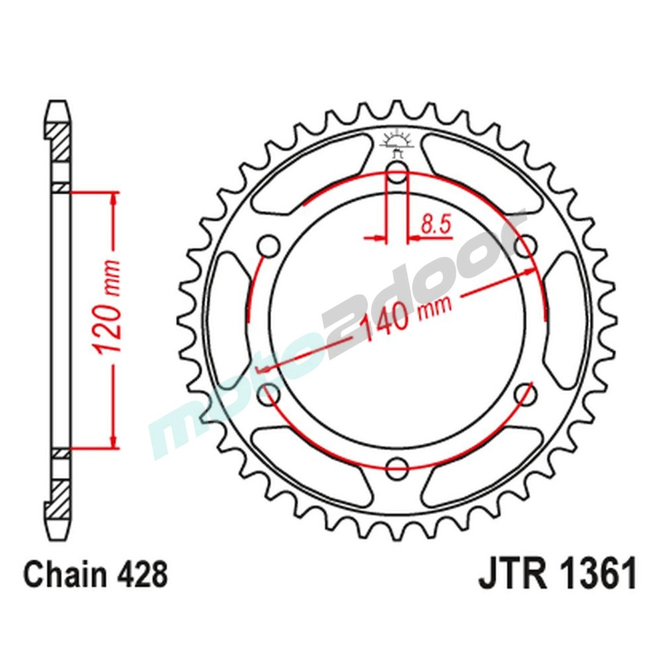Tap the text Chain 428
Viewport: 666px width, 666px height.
95,575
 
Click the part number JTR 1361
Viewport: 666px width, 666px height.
557,574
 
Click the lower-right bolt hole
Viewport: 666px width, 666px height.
526,393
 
